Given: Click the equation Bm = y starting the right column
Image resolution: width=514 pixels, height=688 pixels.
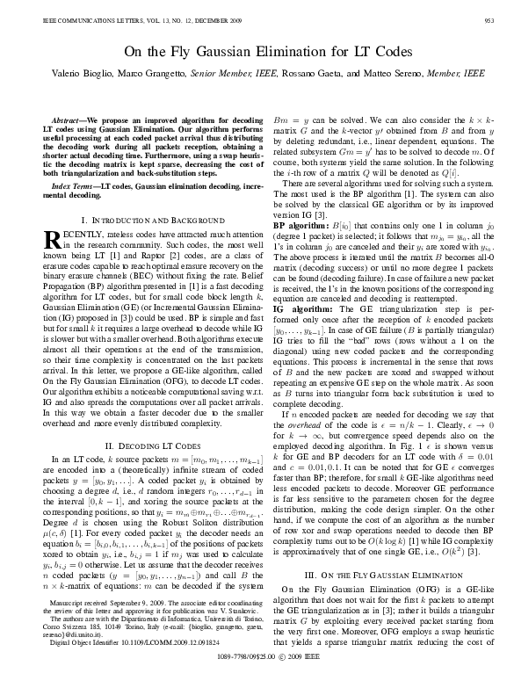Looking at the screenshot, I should coord(291,116).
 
